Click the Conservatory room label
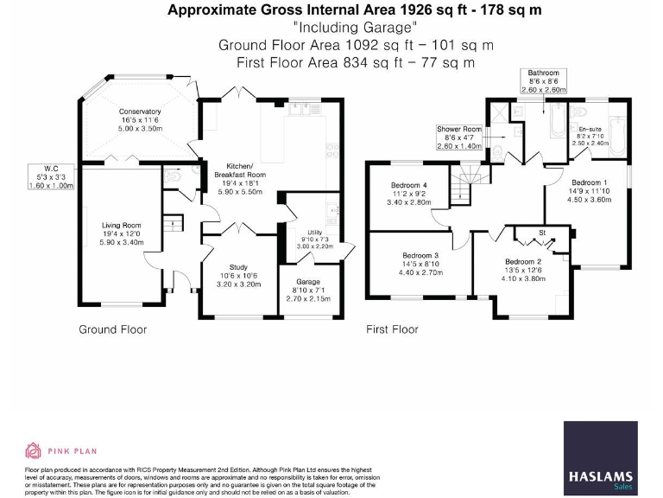click(140, 112)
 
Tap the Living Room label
click(121, 226)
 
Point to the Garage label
click(308, 283)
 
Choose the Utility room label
click(314, 233)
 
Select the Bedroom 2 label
click(523, 262)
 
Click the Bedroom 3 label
click(420, 255)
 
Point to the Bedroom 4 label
click(408, 185)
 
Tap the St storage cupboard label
click(542, 233)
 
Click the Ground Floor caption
click(112, 329)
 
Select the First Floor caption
click(392, 329)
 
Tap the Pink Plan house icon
click(34, 450)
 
